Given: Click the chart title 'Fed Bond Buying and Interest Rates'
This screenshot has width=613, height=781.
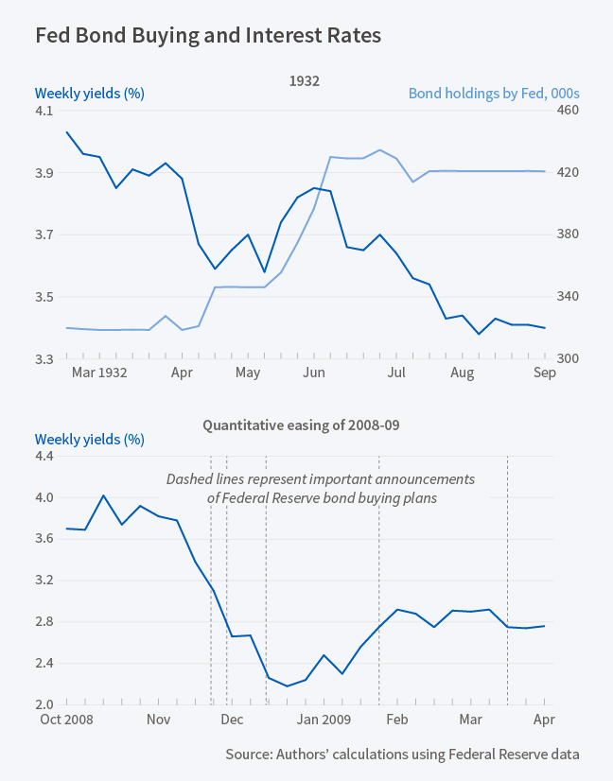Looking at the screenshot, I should tap(208, 36).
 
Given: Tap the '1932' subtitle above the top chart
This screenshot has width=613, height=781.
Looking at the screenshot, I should tap(304, 82).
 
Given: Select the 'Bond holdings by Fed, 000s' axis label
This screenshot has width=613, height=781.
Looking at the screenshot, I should tap(493, 94).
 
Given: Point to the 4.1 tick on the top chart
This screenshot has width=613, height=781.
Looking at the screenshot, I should tap(44, 111).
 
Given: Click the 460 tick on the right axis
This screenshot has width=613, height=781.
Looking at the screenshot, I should tap(566, 111).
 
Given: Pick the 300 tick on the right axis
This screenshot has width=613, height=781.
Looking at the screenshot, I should tap(566, 359).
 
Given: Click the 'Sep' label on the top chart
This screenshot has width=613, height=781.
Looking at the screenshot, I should tap(545, 373).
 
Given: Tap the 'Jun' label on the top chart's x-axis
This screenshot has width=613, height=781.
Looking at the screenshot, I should tap(314, 373).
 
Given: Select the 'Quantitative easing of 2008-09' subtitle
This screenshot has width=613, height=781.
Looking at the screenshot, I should tap(302, 425).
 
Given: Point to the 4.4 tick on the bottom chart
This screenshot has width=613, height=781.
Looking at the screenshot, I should tap(44, 456).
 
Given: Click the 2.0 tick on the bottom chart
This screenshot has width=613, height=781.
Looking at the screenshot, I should tap(44, 704).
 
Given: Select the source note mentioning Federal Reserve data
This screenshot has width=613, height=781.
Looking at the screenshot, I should tap(402, 754).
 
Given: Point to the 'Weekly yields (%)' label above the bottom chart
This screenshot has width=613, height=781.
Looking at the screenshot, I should tap(89, 440).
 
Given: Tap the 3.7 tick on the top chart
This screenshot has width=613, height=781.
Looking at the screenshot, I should tap(44, 234).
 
